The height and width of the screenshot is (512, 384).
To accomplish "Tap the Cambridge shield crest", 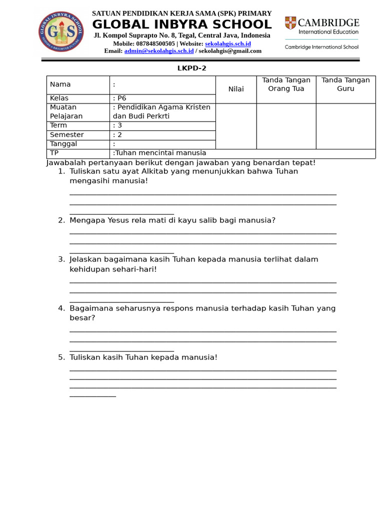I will [290, 23].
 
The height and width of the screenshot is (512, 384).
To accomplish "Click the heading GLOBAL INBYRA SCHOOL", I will [182, 24].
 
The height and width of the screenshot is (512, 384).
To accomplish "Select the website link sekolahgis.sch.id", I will [227, 43].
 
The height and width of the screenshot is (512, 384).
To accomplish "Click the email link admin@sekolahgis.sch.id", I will [159, 50].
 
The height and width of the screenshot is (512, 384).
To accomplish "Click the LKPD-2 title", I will [191, 68].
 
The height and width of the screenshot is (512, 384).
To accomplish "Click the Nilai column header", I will [236, 89].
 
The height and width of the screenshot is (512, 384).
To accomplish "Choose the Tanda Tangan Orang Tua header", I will [286, 84].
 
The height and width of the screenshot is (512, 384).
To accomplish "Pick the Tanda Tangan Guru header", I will [345, 84].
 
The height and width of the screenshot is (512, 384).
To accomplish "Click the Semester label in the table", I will [66, 134].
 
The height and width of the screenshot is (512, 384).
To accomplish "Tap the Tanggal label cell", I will [63, 144].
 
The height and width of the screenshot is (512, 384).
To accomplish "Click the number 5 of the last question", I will [60, 357].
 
